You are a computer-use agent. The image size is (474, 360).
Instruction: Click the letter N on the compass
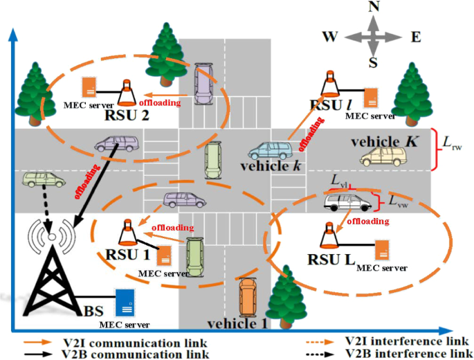tap(373, 8)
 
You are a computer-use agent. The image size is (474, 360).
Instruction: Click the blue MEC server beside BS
tap(125, 302)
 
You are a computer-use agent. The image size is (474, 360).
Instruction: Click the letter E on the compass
tap(416, 37)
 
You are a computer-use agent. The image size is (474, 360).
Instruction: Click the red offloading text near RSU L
tap(367, 222)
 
